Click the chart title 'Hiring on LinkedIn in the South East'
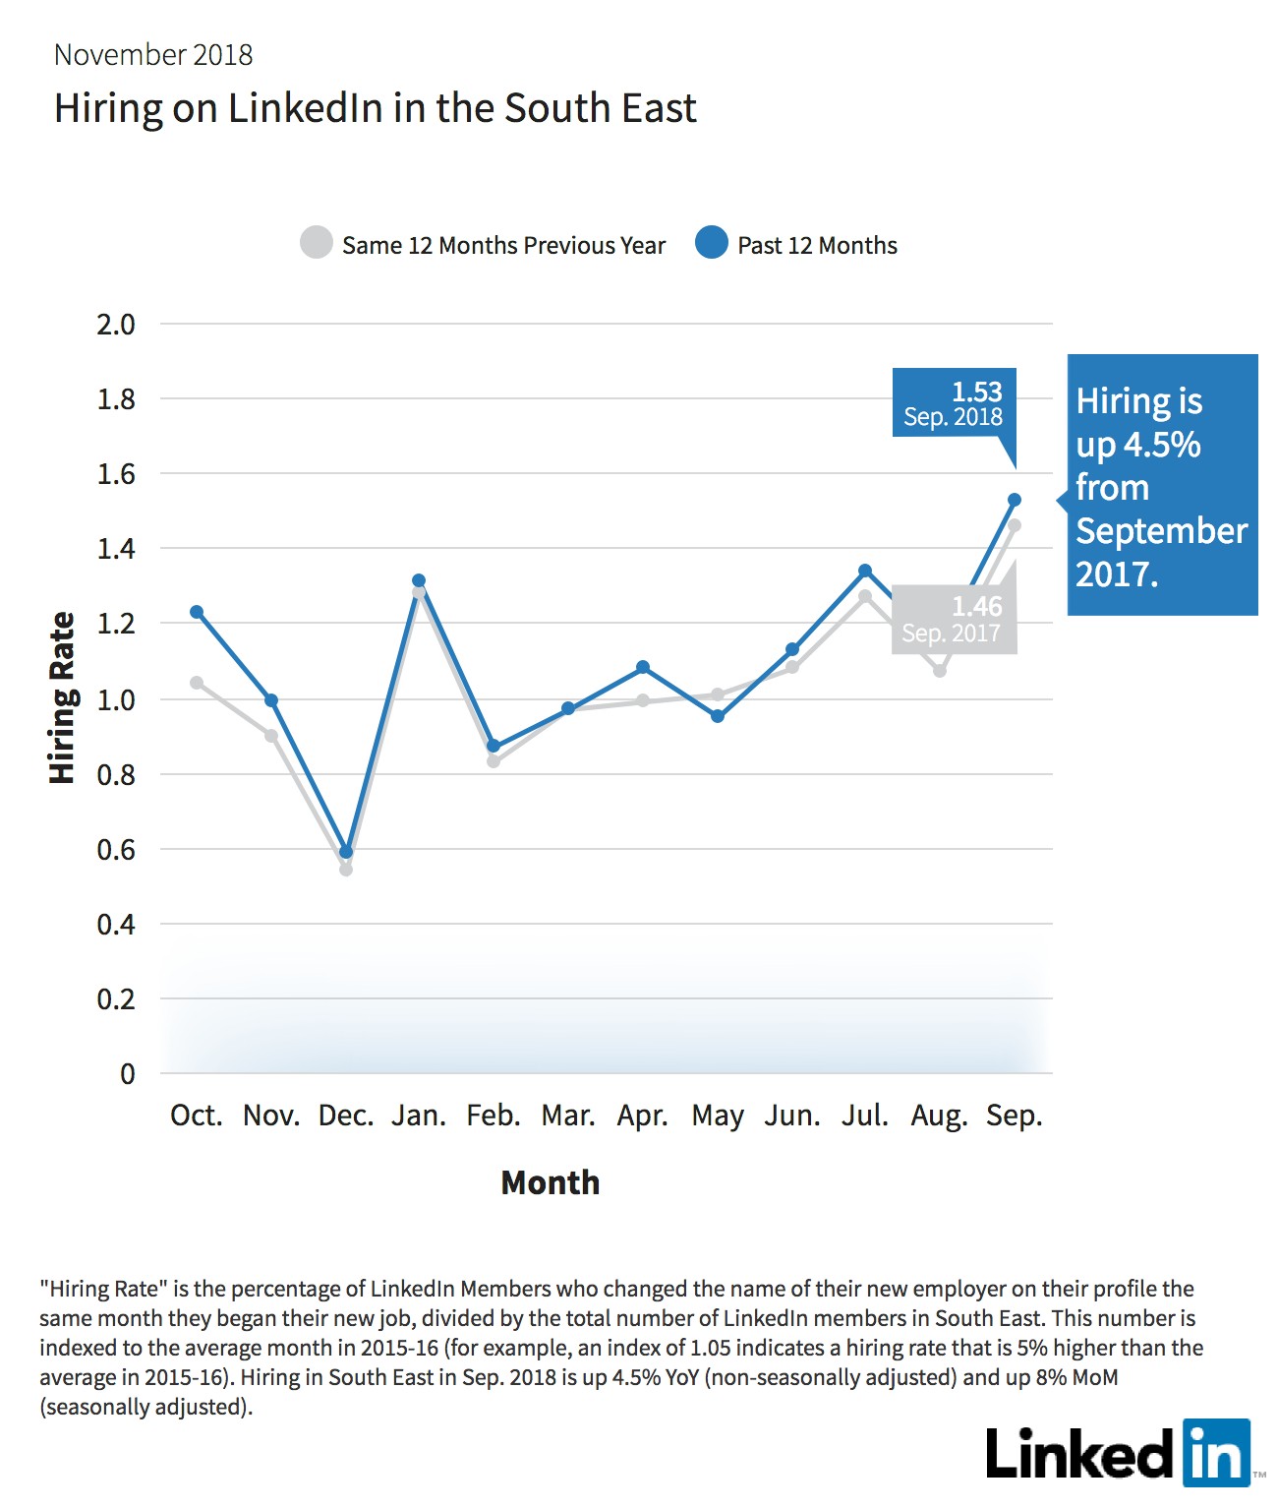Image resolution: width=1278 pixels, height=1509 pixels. [375, 108]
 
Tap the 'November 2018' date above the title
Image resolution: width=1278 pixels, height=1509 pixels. [153, 55]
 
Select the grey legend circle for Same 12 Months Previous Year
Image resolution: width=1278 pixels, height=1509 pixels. [317, 242]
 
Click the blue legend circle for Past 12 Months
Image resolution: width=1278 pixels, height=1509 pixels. [711, 242]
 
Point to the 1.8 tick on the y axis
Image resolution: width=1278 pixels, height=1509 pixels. [116, 399]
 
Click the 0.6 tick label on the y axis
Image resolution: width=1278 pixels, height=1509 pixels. [116, 850]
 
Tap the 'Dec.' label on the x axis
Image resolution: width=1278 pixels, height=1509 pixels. [346, 1116]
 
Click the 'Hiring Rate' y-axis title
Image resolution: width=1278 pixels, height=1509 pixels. [62, 697]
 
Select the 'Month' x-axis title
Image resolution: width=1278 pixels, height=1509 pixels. [550, 1182]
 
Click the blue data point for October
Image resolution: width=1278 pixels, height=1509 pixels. [197, 612]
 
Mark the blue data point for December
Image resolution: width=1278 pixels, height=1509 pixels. [346, 852]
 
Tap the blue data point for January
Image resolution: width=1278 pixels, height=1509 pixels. [419, 580]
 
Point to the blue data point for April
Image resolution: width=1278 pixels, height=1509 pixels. [643, 667]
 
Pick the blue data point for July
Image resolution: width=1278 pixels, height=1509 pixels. [865, 571]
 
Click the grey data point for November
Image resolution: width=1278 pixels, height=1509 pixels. [271, 736]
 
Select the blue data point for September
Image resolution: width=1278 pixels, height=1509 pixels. [1014, 500]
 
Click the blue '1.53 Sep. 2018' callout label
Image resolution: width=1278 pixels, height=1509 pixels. [955, 403]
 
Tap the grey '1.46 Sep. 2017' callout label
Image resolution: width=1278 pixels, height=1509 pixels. [954, 619]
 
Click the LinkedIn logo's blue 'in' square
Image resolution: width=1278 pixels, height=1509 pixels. [1217, 1453]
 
